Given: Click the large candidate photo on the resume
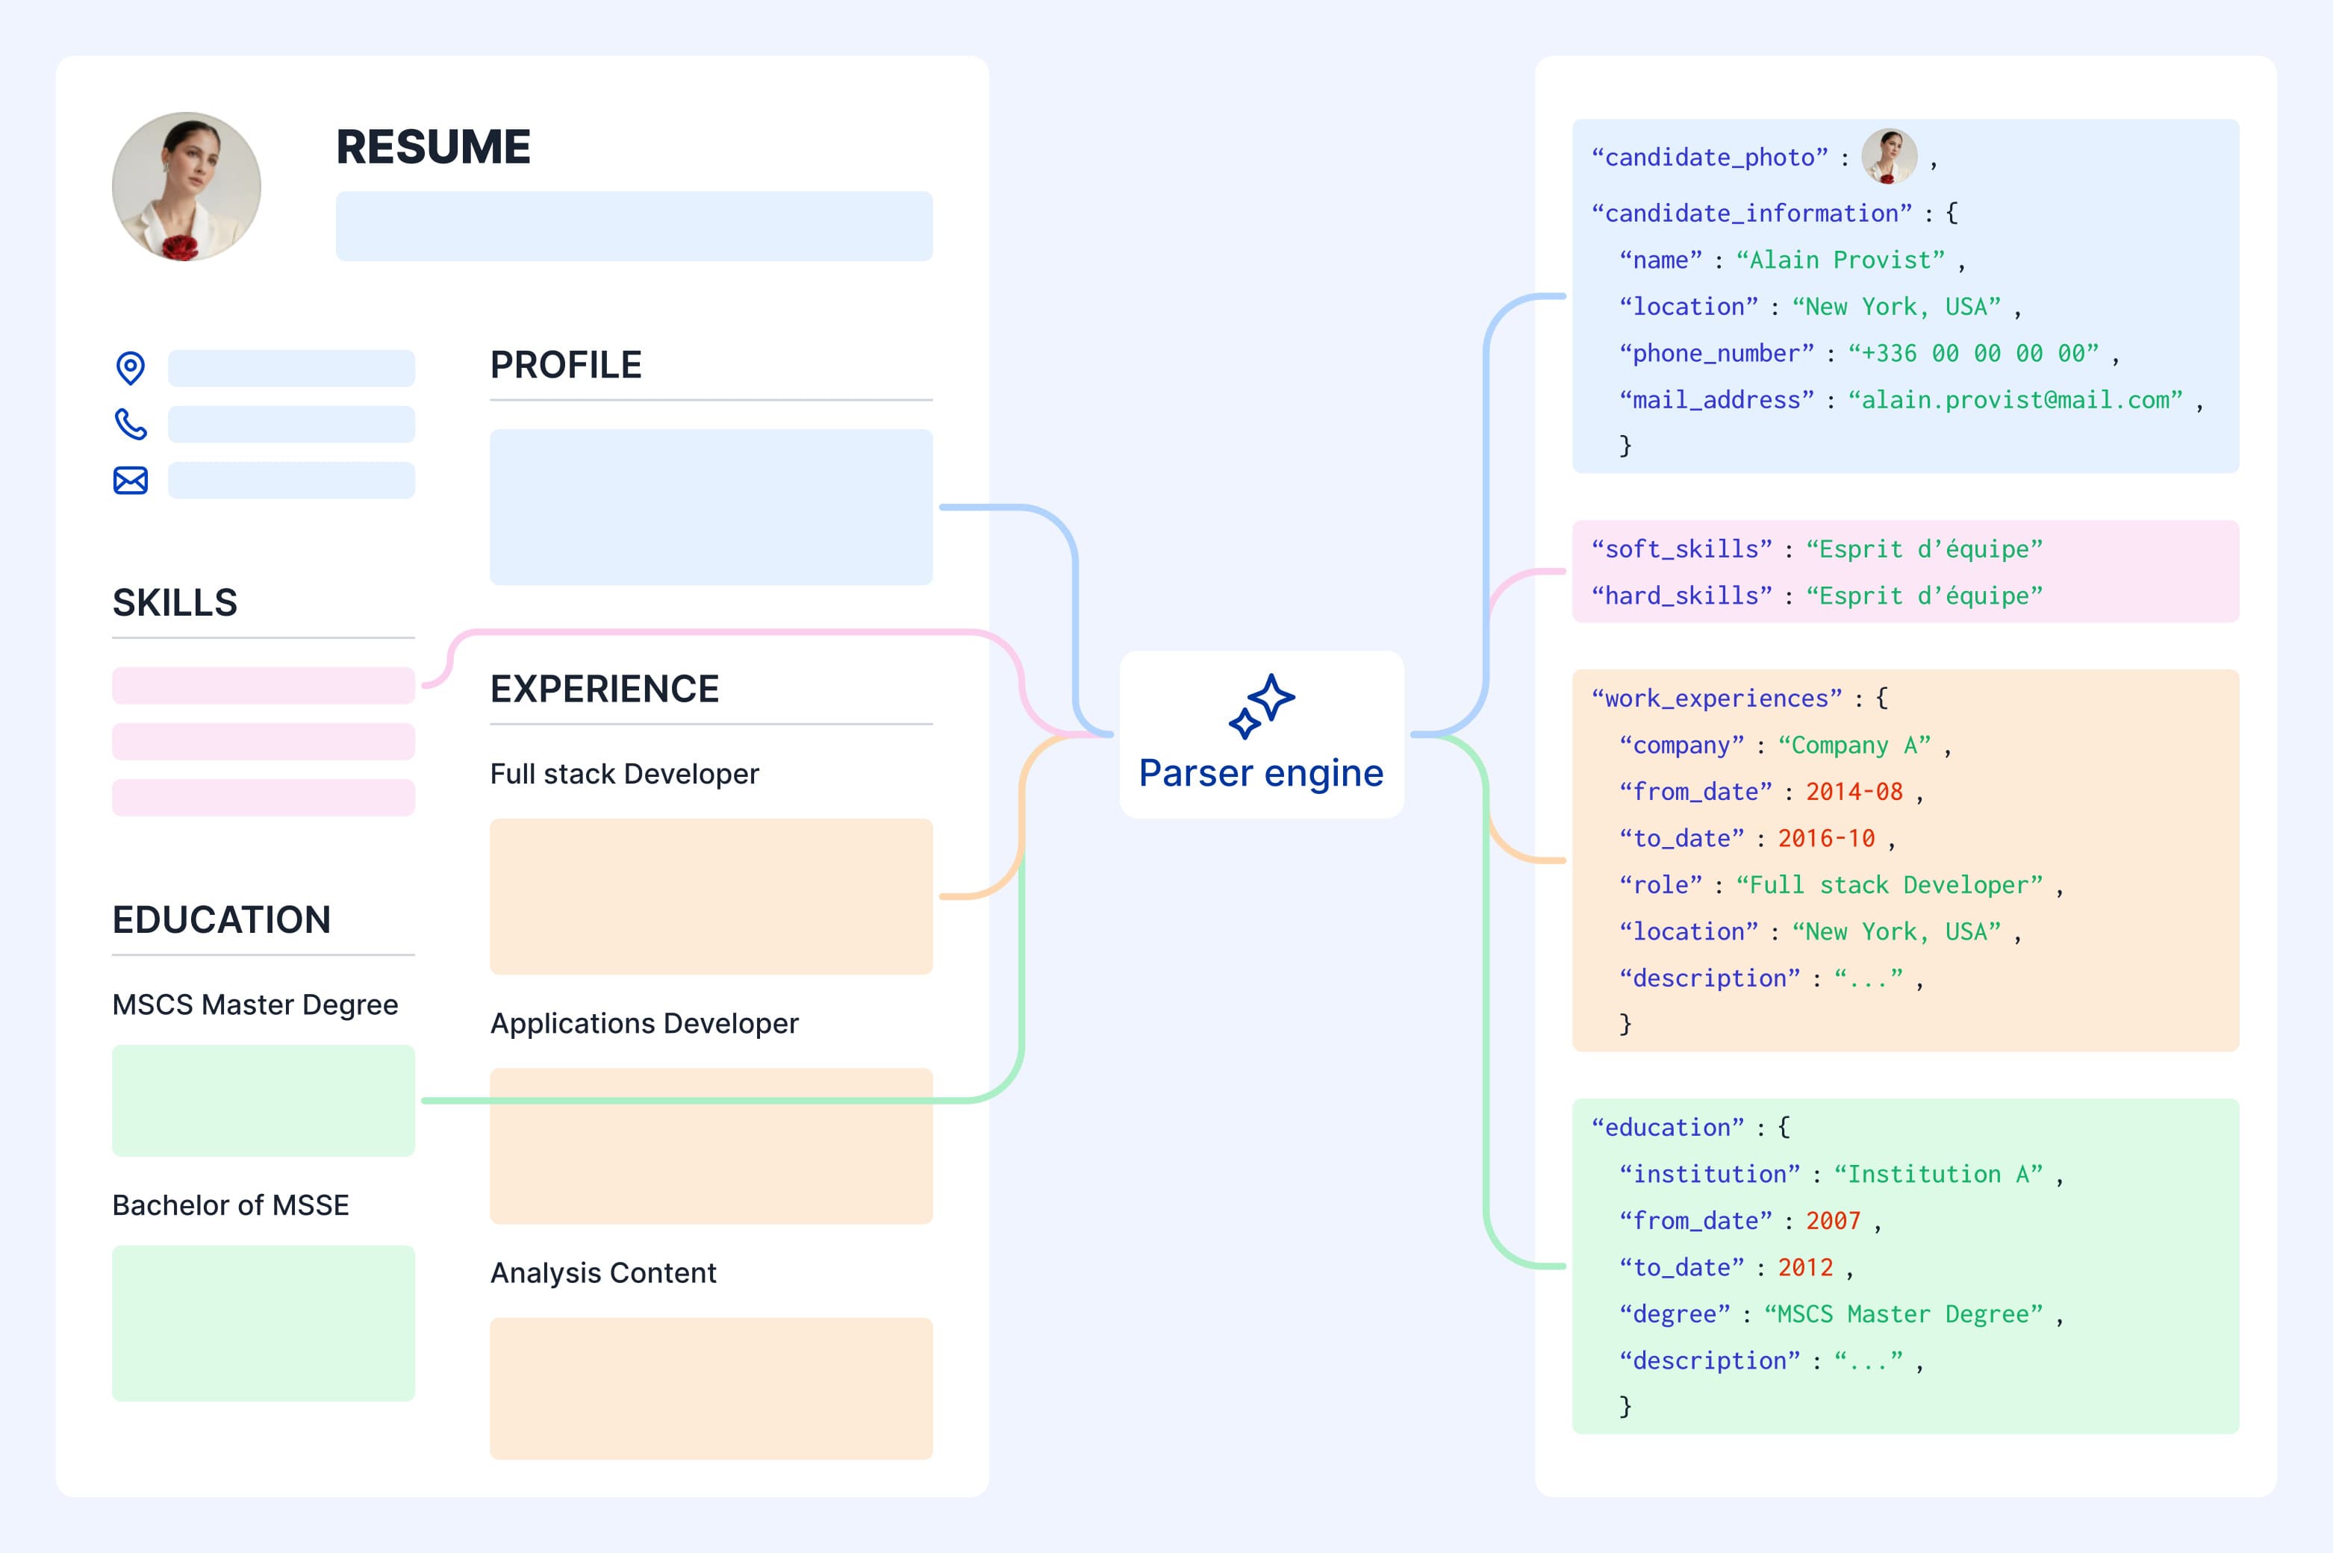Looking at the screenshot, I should click(186, 187).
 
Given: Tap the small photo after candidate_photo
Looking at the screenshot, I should click(1890, 157).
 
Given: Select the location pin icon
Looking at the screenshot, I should click(130, 367).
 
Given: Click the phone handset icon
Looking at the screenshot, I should click(130, 424).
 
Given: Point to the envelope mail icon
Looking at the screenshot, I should click(130, 481).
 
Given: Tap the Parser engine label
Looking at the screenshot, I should click(1261, 772).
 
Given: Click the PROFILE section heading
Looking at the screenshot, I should click(566, 364).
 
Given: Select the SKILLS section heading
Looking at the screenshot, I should click(175, 602).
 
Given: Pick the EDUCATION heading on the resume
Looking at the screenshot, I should click(221, 919).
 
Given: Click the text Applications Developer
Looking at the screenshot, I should click(644, 1023).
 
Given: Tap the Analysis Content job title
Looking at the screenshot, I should click(602, 1272).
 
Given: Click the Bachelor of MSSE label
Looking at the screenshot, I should click(230, 1205).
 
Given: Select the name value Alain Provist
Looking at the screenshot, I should click(1840, 260).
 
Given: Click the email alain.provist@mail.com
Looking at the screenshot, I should click(2015, 400).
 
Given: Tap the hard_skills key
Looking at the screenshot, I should click(1681, 596).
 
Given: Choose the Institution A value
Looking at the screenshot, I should click(1938, 1175).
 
